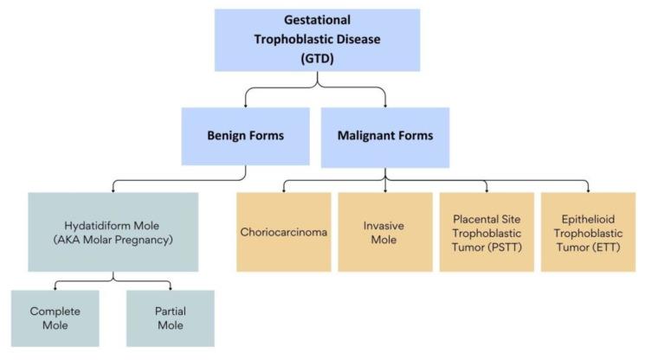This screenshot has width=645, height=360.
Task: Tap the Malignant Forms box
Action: point(385,136)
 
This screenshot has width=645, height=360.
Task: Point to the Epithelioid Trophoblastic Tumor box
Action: point(588,232)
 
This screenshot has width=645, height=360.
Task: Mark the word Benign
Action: point(224,137)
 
